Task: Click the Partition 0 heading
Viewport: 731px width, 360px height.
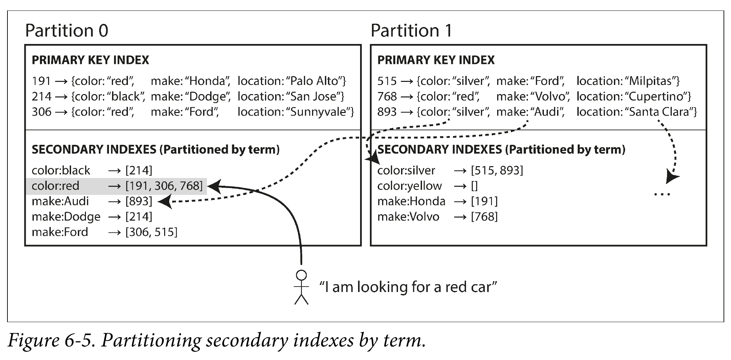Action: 67,30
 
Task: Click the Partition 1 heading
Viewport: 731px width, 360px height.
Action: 411,30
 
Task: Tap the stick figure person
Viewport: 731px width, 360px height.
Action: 301,287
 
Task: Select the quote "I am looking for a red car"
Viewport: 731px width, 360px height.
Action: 408,287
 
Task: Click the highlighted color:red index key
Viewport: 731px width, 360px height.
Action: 56,186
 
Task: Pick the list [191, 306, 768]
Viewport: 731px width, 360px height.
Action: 164,186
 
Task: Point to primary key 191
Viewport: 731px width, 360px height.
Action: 41,81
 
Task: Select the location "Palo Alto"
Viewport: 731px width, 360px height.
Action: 314,81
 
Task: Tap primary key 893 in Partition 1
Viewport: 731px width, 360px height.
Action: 387,112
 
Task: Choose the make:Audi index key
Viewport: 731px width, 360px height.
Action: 60,201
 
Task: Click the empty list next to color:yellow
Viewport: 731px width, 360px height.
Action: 474,186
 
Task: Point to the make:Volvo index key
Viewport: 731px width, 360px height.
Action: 408,217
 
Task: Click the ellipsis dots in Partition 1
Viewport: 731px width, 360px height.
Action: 662,195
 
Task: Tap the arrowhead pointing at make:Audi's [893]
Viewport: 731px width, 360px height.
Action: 165,202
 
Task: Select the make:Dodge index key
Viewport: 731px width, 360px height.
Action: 66,217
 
